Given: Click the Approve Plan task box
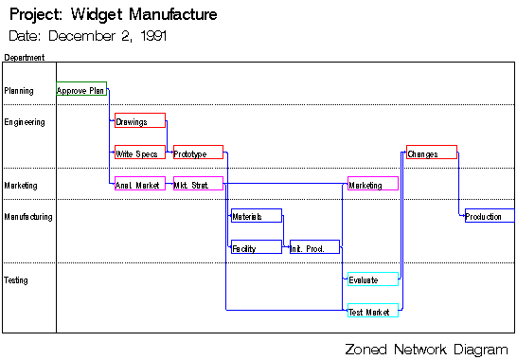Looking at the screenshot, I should point(81,89).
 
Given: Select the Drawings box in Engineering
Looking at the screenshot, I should point(140,120).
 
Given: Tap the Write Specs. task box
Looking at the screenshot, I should point(140,153).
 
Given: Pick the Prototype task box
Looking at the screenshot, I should point(198,153).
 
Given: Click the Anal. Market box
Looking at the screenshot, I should point(140,184).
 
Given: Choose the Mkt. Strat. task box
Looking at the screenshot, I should point(198,184).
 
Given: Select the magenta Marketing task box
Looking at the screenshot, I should point(373,184).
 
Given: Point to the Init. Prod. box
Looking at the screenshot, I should point(314,247).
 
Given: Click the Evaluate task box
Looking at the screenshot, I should point(373,279).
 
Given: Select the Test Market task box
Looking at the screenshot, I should point(373,311).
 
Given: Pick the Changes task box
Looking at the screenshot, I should point(432,153).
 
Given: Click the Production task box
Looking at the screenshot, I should point(490,216).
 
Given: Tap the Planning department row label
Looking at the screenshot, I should point(19,91).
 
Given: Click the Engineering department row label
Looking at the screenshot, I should point(25,122).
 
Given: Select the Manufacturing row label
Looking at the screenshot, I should point(28,217).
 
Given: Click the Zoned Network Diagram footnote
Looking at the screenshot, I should point(427,349).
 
